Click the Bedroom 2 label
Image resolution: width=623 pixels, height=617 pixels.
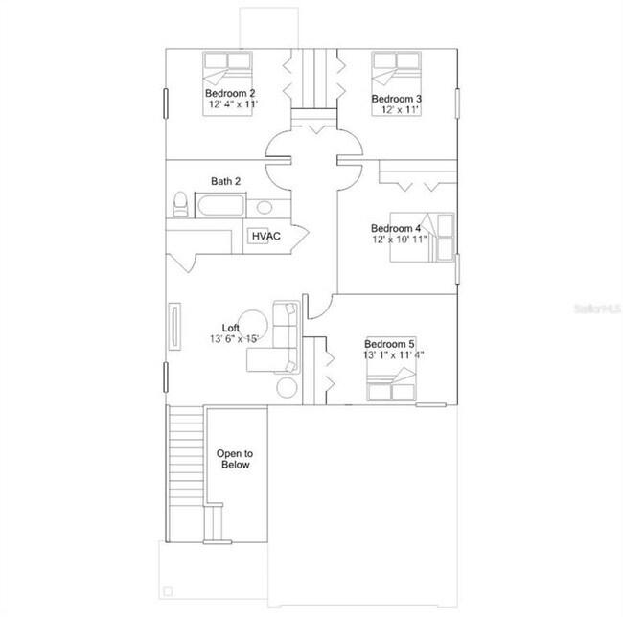tap(231, 92)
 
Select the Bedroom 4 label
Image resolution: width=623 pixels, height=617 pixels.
tap(396, 228)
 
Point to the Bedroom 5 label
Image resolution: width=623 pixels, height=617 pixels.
tap(389, 344)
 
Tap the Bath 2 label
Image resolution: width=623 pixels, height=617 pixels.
tap(226, 181)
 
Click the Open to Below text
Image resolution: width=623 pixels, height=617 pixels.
tap(233, 459)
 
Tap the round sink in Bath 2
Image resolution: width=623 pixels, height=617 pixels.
tap(265, 206)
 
